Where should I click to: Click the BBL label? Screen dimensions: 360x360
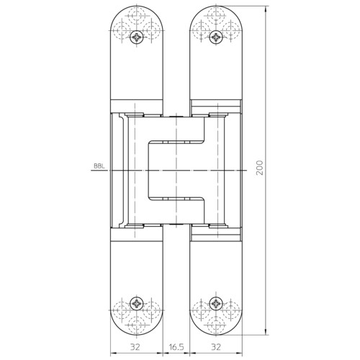click(x=99, y=166)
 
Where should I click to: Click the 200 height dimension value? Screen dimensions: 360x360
click(x=259, y=168)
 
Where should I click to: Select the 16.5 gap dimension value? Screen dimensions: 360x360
click(x=176, y=347)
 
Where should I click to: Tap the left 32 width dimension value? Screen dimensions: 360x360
click(x=135, y=347)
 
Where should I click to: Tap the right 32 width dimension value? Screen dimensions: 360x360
click(x=216, y=347)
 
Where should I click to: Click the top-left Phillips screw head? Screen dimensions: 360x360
click(x=137, y=37)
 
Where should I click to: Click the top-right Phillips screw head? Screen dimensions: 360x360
click(x=216, y=37)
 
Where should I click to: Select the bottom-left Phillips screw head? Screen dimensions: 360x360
click(x=137, y=304)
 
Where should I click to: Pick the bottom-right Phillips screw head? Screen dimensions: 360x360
click(x=216, y=304)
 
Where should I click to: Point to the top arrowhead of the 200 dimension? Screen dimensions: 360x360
click(x=266, y=9)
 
